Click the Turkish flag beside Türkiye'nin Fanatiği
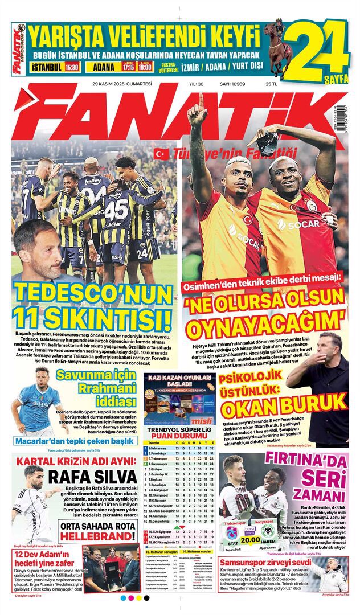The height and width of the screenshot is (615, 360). click(159, 153)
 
